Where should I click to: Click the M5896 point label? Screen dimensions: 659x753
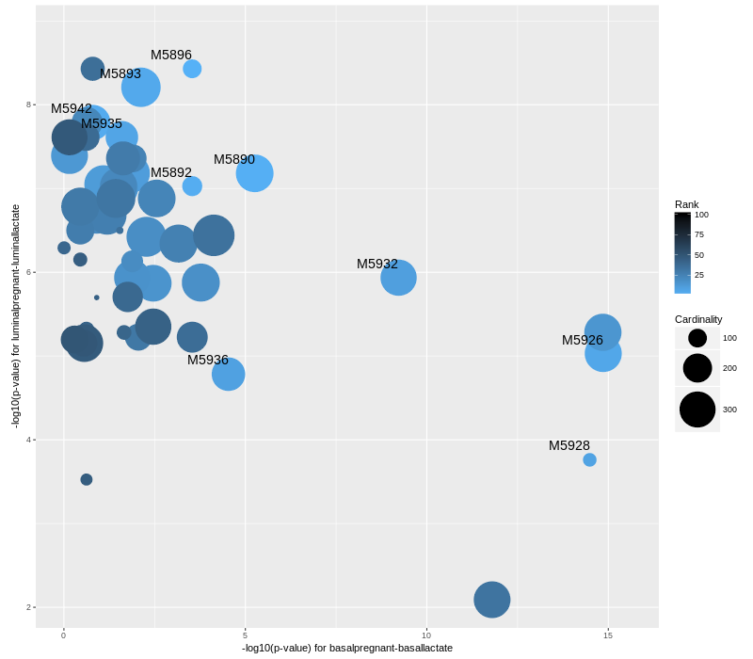click(171, 55)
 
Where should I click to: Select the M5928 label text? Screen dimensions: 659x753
click(569, 445)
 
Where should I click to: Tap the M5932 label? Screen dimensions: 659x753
click(377, 264)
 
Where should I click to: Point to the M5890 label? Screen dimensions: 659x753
click(234, 159)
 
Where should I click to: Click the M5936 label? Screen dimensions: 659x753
click(208, 360)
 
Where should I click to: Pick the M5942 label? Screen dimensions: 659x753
click(72, 108)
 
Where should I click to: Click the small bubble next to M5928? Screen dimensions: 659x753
click(589, 459)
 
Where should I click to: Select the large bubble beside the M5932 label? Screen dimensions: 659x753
click(399, 278)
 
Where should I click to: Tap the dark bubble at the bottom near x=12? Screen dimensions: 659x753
click(491, 600)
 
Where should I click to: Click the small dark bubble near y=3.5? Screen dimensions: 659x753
click(87, 479)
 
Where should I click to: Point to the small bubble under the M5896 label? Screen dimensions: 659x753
click(192, 69)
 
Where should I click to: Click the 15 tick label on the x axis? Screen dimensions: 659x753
click(608, 635)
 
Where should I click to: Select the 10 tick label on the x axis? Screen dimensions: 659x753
click(426, 635)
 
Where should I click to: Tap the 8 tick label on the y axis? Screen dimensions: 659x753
click(28, 104)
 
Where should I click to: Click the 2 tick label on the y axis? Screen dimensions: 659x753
click(28, 607)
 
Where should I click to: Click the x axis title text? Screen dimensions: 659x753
click(347, 648)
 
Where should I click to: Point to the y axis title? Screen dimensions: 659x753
click(15, 316)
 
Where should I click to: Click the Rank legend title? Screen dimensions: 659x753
click(687, 204)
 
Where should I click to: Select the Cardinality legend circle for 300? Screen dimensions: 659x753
click(697, 410)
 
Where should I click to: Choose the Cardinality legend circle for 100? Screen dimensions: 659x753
click(697, 338)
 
